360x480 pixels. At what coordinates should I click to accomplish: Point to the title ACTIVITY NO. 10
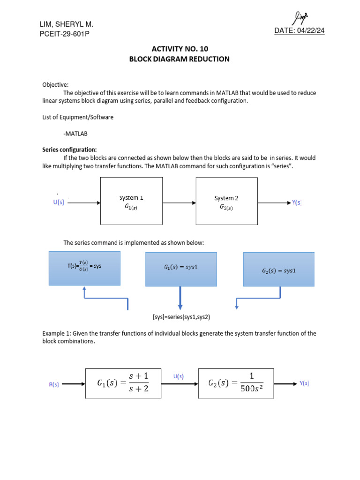(x=180, y=49)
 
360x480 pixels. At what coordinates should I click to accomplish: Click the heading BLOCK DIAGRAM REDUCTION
(x=180, y=59)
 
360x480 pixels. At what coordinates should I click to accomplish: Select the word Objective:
(x=55, y=85)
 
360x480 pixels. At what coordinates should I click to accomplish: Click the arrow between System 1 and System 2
(x=179, y=203)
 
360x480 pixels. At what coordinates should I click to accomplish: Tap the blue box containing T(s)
(x=84, y=268)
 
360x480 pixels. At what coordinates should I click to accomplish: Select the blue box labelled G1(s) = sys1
(x=181, y=269)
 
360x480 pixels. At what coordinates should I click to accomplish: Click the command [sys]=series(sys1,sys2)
(x=181, y=317)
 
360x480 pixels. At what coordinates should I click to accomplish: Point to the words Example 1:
(x=57, y=333)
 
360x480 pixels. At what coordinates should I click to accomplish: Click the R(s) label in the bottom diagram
(x=54, y=384)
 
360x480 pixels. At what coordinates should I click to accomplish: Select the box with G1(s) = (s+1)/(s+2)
(x=123, y=383)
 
